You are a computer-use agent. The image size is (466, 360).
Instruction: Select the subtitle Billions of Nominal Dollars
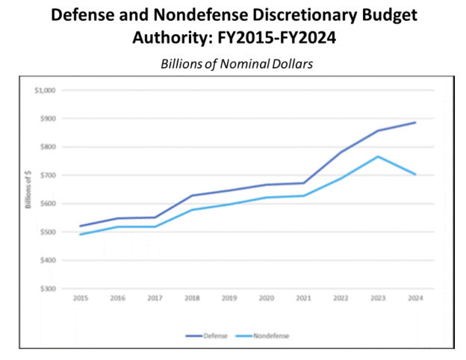pyautogui.click(x=236, y=64)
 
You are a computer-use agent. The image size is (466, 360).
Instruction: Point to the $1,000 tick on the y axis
pyautogui.click(x=45, y=90)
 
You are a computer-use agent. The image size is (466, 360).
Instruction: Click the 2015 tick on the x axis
pyautogui.click(x=80, y=297)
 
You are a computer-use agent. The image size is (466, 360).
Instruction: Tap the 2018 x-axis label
pyautogui.click(x=192, y=297)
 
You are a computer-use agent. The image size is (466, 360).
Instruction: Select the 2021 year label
pyautogui.click(x=303, y=297)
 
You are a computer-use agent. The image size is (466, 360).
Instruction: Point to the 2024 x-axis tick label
pyautogui.click(x=415, y=297)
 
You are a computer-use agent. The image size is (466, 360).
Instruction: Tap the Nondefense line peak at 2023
pyautogui.click(x=378, y=157)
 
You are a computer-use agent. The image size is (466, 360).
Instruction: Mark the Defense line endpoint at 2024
pyautogui.click(x=415, y=122)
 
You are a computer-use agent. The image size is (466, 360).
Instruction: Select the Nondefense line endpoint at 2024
pyautogui.click(x=415, y=175)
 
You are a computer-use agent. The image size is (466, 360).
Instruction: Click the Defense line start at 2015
pyautogui.click(x=80, y=226)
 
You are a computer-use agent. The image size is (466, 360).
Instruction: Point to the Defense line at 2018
pyautogui.click(x=192, y=196)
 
